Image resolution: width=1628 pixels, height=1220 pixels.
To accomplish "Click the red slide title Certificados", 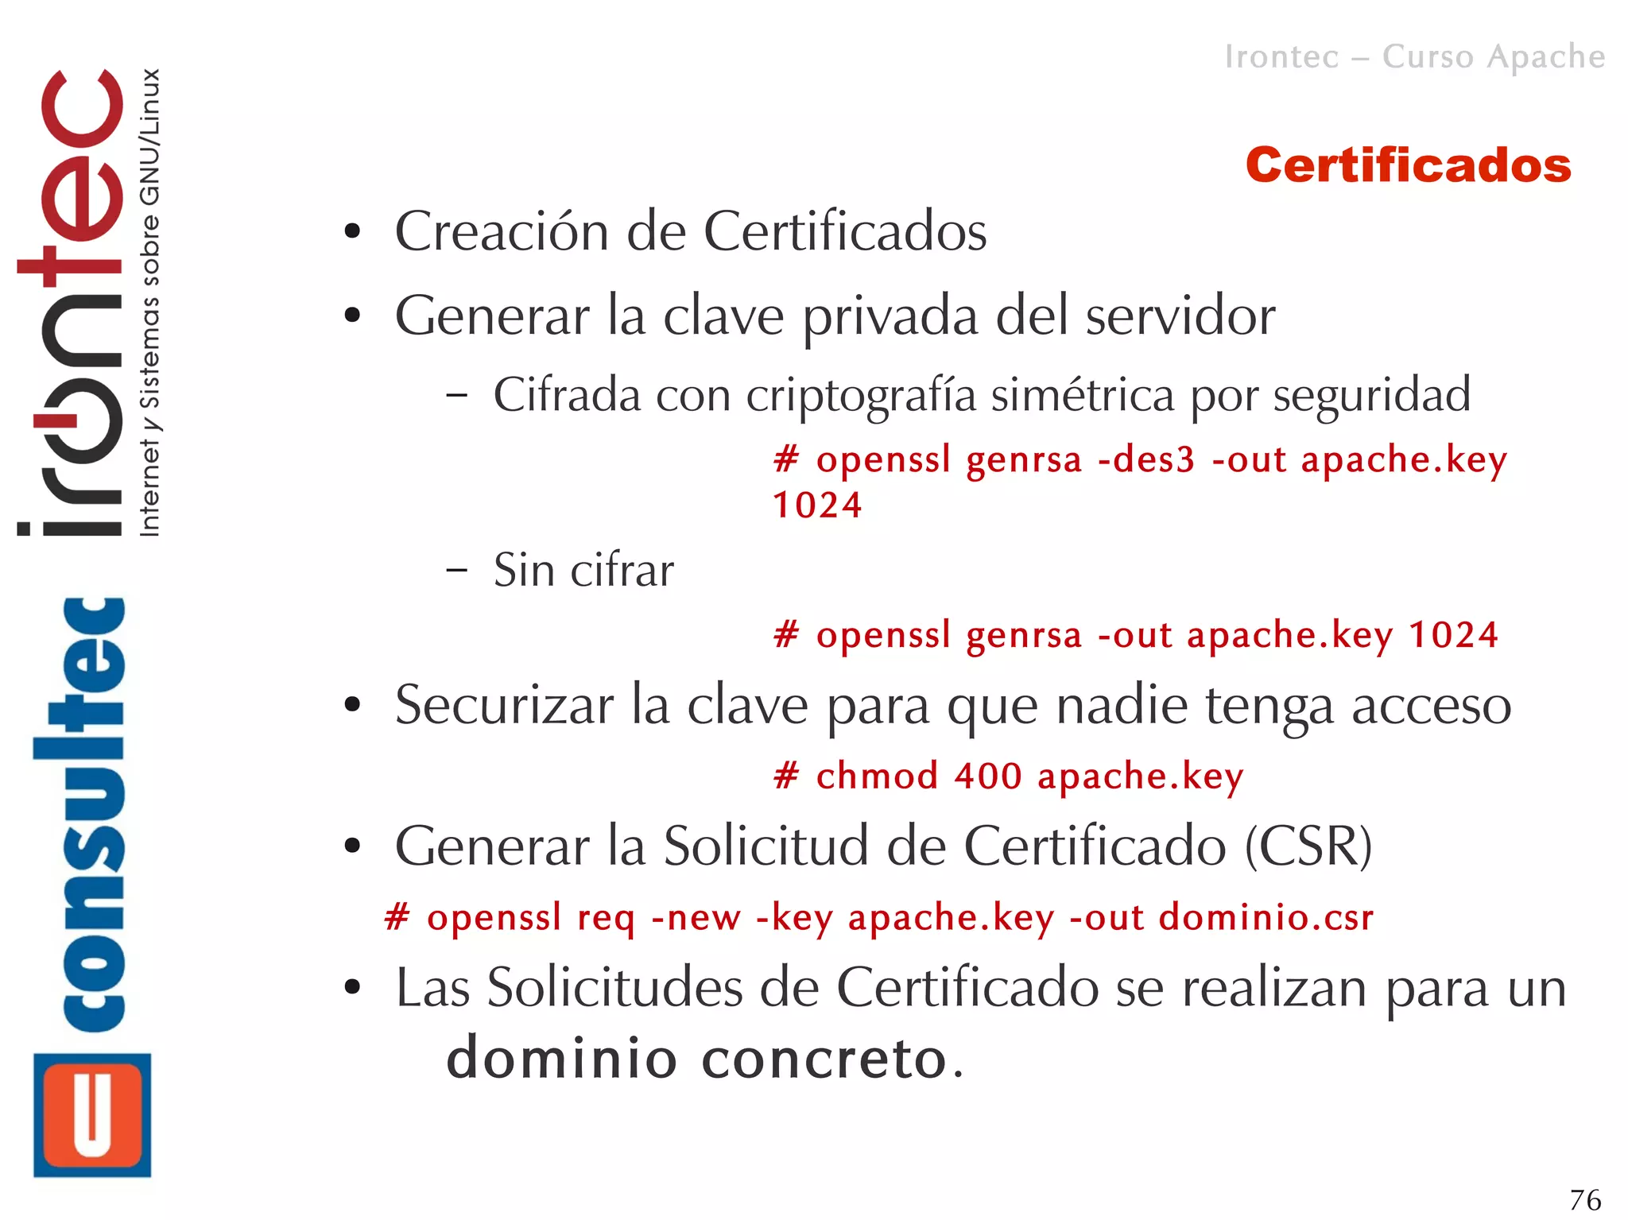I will tap(1408, 165).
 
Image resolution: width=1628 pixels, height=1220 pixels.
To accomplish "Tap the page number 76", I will tap(1585, 1199).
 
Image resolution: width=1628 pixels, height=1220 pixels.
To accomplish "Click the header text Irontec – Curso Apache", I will tap(1414, 57).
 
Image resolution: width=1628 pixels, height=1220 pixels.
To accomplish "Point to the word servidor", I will tap(1180, 316).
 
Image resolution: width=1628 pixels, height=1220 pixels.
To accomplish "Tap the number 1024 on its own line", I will tap(817, 505).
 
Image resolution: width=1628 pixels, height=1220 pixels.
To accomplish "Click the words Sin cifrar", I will tap(583, 570).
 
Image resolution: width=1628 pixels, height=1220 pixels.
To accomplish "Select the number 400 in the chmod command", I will tap(988, 776).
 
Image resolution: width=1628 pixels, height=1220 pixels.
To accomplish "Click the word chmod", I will tap(877, 776).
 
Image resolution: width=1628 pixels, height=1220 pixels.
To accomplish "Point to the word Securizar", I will tap(504, 705).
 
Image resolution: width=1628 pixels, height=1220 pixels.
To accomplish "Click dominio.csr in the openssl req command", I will tap(1266, 917).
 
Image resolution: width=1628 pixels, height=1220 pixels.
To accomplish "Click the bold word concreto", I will tap(824, 1059).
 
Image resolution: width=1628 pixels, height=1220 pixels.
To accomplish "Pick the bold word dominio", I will tap(561, 1059).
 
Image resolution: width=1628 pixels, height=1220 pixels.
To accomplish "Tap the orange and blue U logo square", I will tap(92, 1114).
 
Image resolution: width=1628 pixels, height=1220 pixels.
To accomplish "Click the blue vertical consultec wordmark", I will tap(80, 815).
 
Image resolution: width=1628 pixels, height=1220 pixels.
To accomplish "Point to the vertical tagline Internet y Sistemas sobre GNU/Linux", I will tap(149, 302).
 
